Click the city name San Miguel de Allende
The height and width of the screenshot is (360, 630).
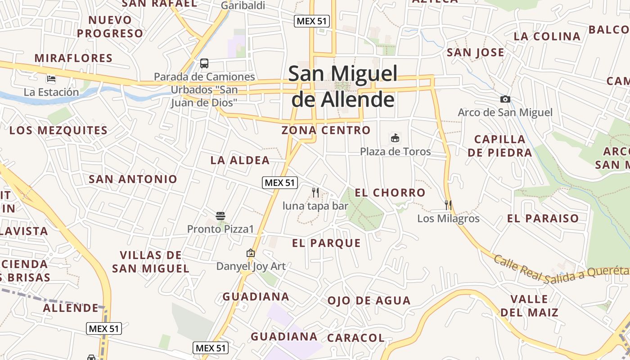click(x=343, y=86)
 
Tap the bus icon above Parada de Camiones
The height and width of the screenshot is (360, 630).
click(x=204, y=63)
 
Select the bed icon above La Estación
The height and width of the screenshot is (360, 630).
click(x=51, y=79)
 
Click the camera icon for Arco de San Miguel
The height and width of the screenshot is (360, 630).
click(x=505, y=99)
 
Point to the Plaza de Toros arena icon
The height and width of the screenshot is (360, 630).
click(x=395, y=138)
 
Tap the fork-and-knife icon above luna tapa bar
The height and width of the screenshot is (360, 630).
click(x=315, y=193)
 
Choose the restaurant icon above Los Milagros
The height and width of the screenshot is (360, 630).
click(x=448, y=205)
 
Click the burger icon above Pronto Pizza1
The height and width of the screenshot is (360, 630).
click(x=220, y=216)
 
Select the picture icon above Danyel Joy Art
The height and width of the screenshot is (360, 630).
click(x=251, y=253)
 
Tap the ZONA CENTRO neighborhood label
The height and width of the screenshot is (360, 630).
click(x=326, y=130)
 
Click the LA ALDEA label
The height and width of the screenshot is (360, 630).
click(x=240, y=160)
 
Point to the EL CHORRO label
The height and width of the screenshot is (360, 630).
click(x=390, y=193)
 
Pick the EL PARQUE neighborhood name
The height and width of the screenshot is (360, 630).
click(x=326, y=243)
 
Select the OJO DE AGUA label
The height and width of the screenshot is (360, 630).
click(x=369, y=301)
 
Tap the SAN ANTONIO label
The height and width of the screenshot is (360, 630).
click(x=133, y=179)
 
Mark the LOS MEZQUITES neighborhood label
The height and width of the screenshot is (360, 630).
click(x=58, y=130)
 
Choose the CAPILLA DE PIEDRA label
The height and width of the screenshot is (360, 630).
click(x=499, y=146)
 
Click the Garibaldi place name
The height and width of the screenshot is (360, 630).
click(x=243, y=6)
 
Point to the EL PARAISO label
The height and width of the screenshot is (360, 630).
click(x=543, y=219)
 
